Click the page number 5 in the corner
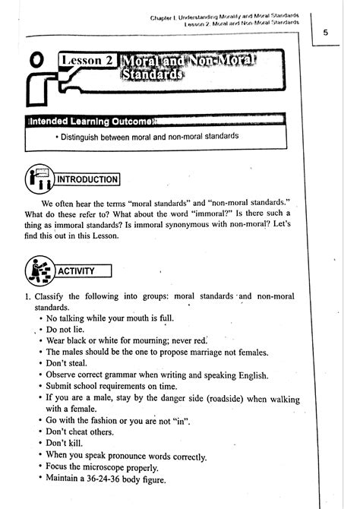(325, 33)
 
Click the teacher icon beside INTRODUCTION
(38, 179)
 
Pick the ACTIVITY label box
(87, 270)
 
